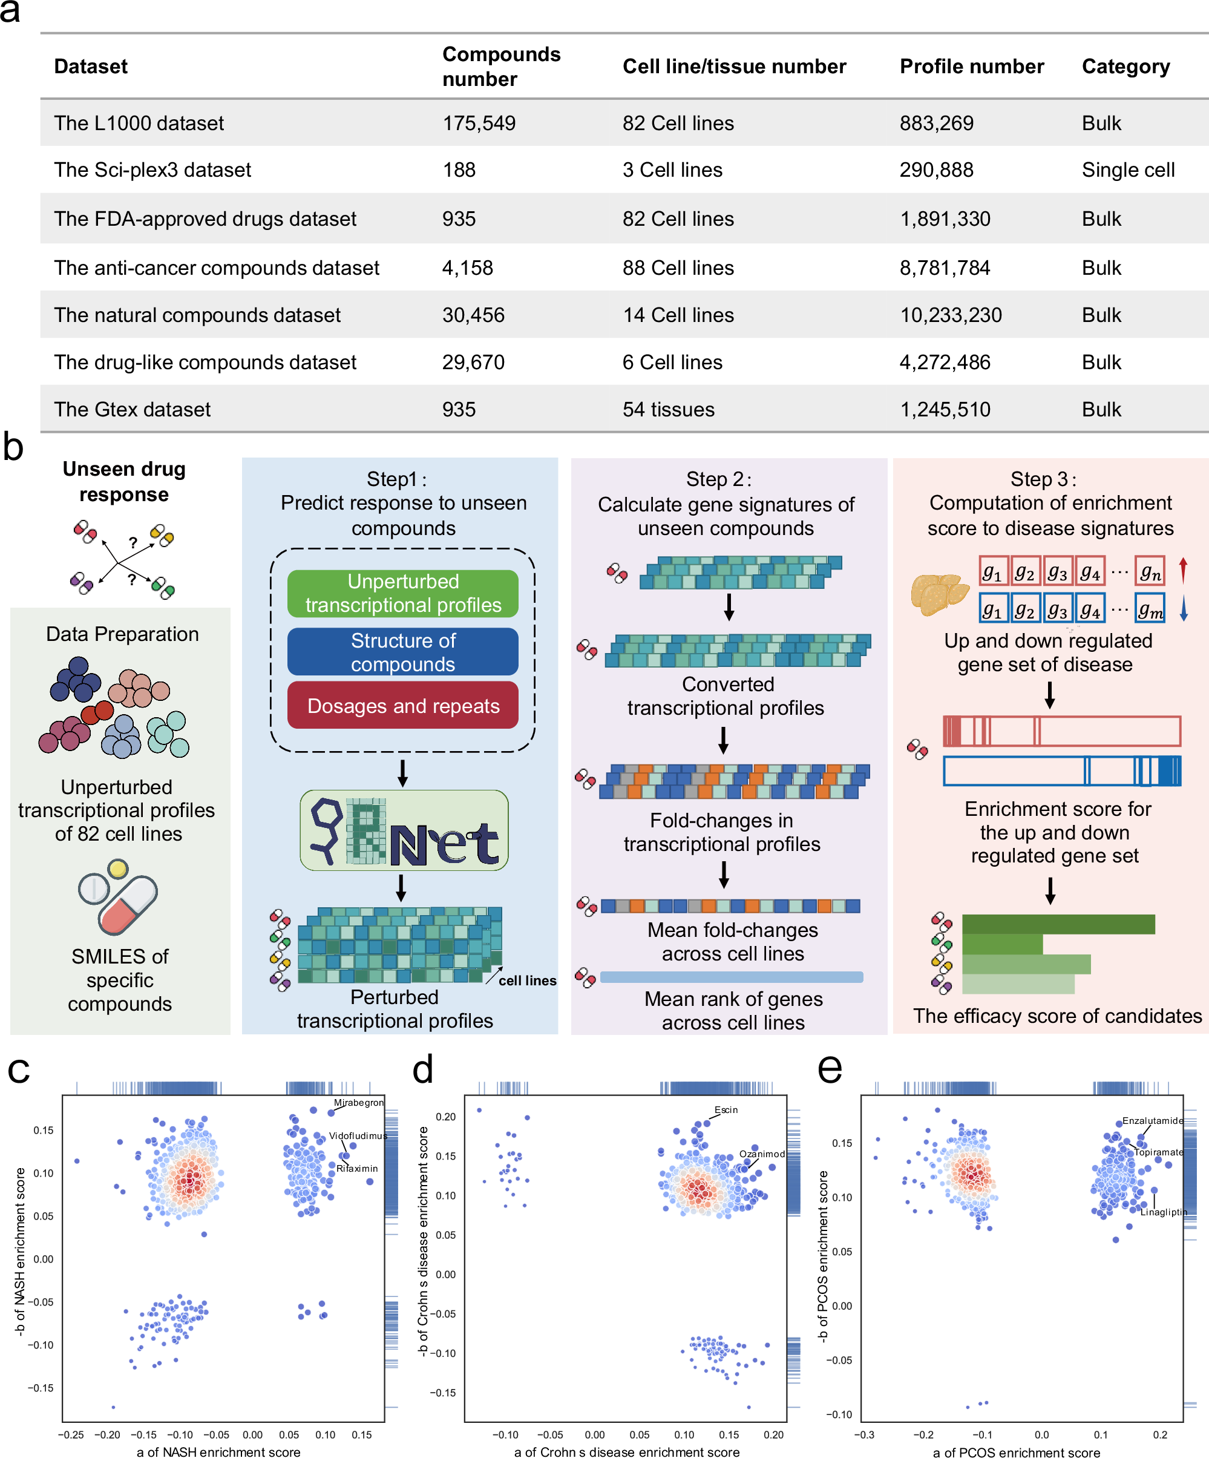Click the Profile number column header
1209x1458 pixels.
tap(971, 67)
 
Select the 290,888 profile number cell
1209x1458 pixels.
tap(936, 170)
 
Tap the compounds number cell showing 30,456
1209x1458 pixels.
tap(473, 315)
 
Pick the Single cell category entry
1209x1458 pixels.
tap(1128, 170)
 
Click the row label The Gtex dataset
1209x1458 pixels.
tap(132, 410)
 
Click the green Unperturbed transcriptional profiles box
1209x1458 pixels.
tap(402, 594)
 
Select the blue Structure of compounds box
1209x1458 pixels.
tap(402, 652)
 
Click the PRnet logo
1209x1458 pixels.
tap(404, 831)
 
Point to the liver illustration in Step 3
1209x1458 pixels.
tap(939, 594)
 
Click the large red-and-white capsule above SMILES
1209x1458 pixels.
tap(128, 904)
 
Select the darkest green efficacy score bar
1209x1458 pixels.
tap(1058, 924)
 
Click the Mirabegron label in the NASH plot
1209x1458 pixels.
tap(358, 1103)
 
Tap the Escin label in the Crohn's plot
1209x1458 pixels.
tap(726, 1110)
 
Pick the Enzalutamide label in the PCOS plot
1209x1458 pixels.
tap(1152, 1120)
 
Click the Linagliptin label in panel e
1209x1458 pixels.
tap(1163, 1212)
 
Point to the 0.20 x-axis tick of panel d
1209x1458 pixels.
tap(773, 1434)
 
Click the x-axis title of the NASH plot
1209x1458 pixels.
tap(218, 1452)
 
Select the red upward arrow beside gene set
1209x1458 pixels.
tap(1184, 570)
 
